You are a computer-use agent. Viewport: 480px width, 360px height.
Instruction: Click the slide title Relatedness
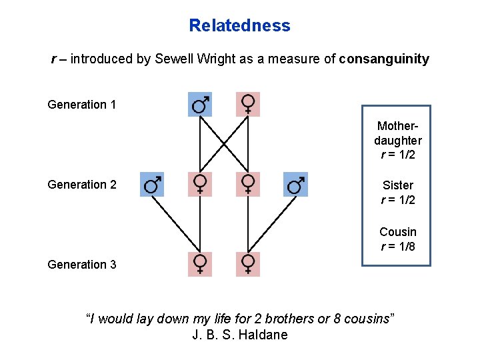point(239,26)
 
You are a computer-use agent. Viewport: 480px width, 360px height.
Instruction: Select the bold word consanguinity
point(384,59)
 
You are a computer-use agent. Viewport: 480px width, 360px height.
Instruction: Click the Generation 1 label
point(82,105)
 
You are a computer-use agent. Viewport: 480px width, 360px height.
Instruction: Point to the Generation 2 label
point(82,184)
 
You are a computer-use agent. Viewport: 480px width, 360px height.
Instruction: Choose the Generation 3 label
point(82,265)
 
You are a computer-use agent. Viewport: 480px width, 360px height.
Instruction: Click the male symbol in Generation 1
point(200,104)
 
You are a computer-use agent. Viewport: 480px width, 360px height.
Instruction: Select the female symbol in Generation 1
point(248,104)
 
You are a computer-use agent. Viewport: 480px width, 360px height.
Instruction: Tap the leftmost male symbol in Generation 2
point(152,184)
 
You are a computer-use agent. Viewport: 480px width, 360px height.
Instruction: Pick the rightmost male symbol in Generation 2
point(296,184)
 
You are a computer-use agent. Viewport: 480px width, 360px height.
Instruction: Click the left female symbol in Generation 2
point(200,184)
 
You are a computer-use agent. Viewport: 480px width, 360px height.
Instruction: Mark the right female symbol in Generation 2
point(248,184)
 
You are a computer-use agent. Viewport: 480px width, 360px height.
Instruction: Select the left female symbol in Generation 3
point(200,265)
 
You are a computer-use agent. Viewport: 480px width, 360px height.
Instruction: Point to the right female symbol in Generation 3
point(248,265)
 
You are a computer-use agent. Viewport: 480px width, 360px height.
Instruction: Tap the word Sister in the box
point(397,185)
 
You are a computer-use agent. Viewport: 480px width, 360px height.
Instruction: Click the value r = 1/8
point(397,247)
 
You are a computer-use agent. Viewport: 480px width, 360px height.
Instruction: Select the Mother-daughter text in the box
point(397,133)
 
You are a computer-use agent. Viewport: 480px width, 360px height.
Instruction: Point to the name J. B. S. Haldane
point(240,335)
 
